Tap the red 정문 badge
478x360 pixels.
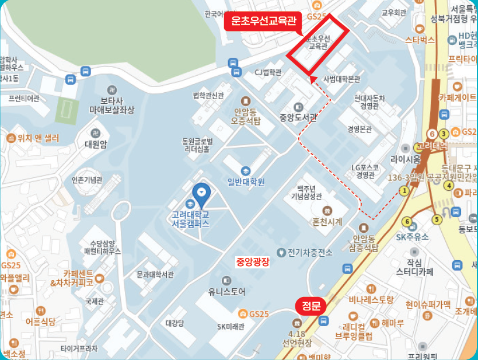click(310, 306)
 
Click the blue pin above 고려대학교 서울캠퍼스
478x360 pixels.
click(201, 191)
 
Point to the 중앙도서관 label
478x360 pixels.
click(298, 116)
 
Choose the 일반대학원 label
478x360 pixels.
click(246, 181)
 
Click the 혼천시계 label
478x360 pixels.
click(327, 221)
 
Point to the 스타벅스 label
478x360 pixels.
click(420, 40)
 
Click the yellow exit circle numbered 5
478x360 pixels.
click(437, 219)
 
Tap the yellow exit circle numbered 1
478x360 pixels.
click(404, 190)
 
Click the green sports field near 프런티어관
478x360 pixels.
click(67, 108)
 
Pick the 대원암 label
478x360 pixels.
click(95, 144)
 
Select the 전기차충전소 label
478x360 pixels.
click(309, 252)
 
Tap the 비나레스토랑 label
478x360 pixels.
click(371, 300)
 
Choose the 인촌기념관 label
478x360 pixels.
click(87, 180)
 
